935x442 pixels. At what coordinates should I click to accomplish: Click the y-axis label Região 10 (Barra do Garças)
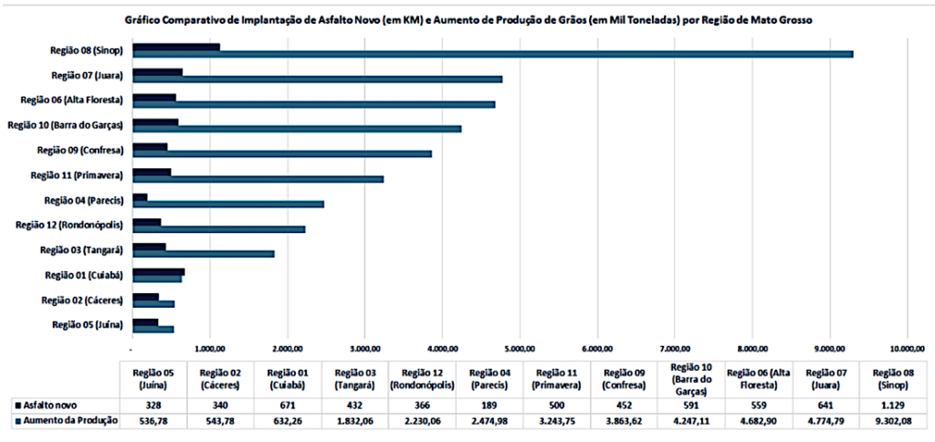[66, 124]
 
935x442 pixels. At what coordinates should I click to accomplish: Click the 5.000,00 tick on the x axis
[520, 348]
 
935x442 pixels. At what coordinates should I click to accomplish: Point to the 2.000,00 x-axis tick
[288, 348]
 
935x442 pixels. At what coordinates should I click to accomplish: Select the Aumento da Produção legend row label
[65, 421]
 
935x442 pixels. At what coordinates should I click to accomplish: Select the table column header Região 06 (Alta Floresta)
[754, 378]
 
